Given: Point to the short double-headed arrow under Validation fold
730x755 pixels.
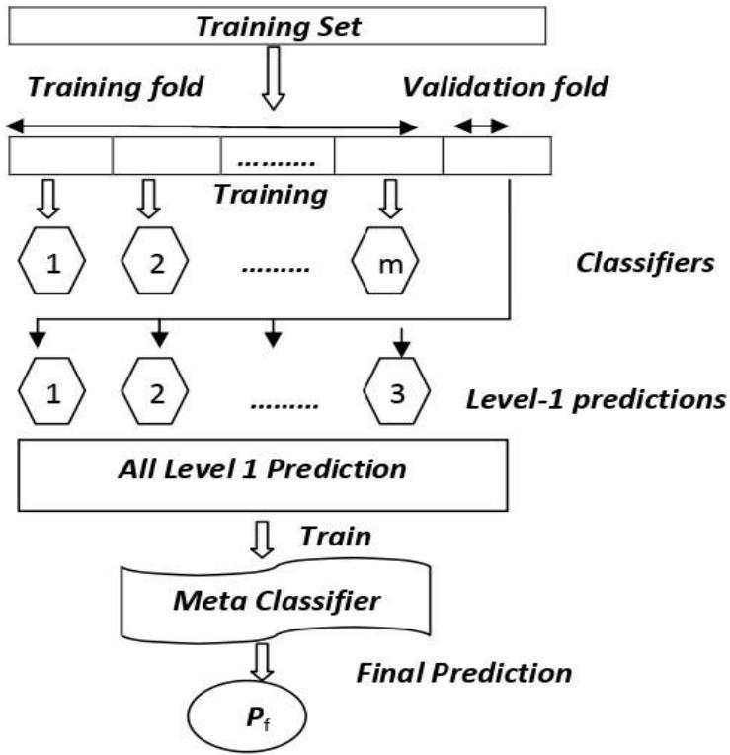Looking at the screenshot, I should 481,126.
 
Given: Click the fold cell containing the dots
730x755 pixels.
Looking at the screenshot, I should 278,156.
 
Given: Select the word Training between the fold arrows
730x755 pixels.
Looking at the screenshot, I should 272,194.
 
